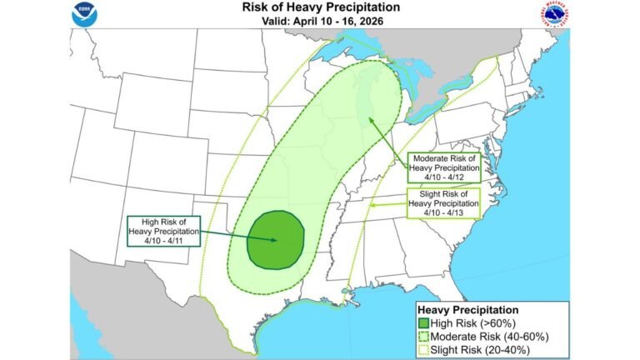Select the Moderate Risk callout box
pos(443,167)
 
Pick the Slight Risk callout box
pos(443,203)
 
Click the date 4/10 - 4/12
pos(443,177)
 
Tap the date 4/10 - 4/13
pos(443,213)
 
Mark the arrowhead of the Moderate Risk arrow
pos(366,122)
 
